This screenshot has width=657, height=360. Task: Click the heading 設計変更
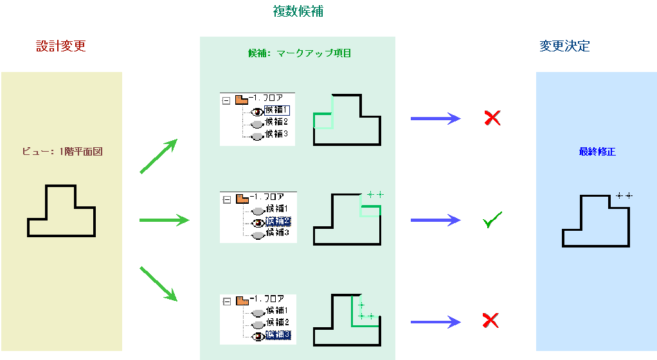[61, 46]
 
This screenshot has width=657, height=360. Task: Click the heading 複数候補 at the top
[298, 12]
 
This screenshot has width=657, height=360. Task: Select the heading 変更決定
[564, 46]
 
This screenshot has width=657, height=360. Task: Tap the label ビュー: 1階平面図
[62, 152]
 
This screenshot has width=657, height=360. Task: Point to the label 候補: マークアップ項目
[300, 53]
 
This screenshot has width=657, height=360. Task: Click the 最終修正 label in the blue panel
[597, 152]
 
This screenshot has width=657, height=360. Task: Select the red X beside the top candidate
[492, 118]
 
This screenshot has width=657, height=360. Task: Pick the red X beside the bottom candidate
[491, 320]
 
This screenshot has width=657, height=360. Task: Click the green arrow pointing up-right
[158, 156]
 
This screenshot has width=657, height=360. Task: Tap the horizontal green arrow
[164, 221]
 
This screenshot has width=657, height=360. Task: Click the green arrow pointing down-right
[158, 283]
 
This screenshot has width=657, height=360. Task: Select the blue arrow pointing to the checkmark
[435, 221]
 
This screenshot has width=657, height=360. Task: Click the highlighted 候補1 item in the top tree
[278, 110]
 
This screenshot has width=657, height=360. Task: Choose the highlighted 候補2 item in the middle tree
[278, 221]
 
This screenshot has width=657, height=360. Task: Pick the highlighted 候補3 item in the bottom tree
[278, 335]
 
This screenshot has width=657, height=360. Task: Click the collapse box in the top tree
[226, 100]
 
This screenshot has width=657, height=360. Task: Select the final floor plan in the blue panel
[596, 221]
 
